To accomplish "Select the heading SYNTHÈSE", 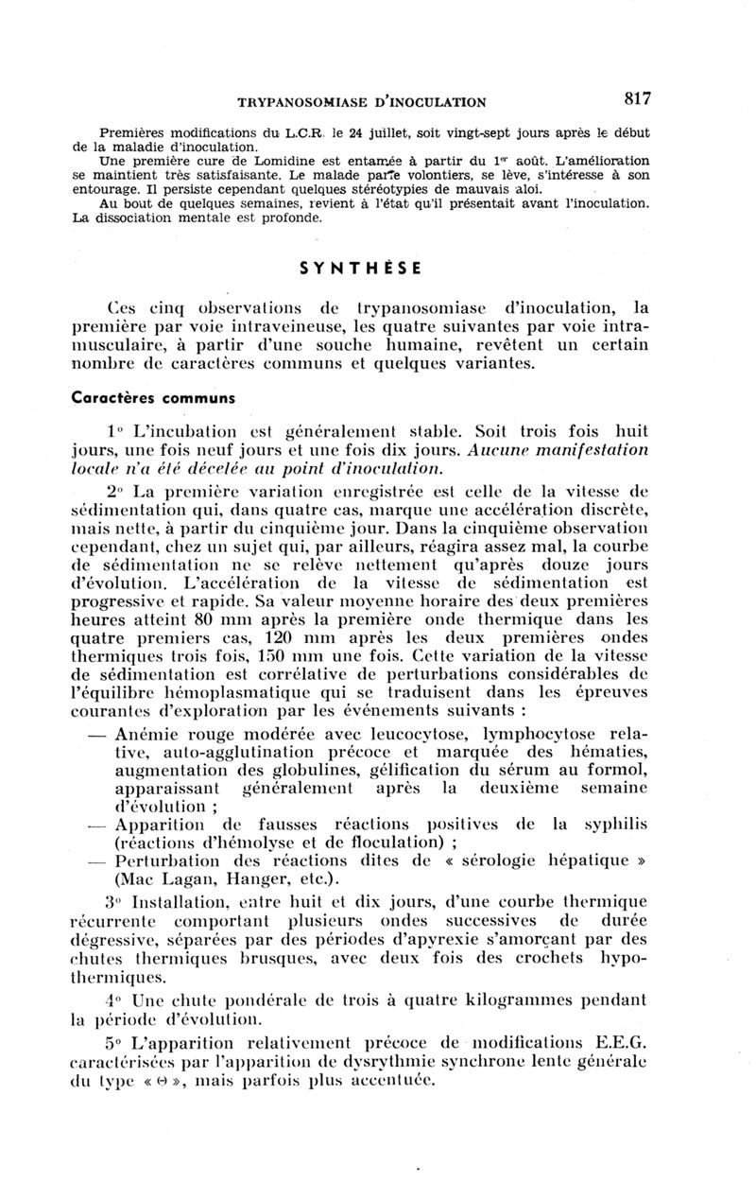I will [x=360, y=268].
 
